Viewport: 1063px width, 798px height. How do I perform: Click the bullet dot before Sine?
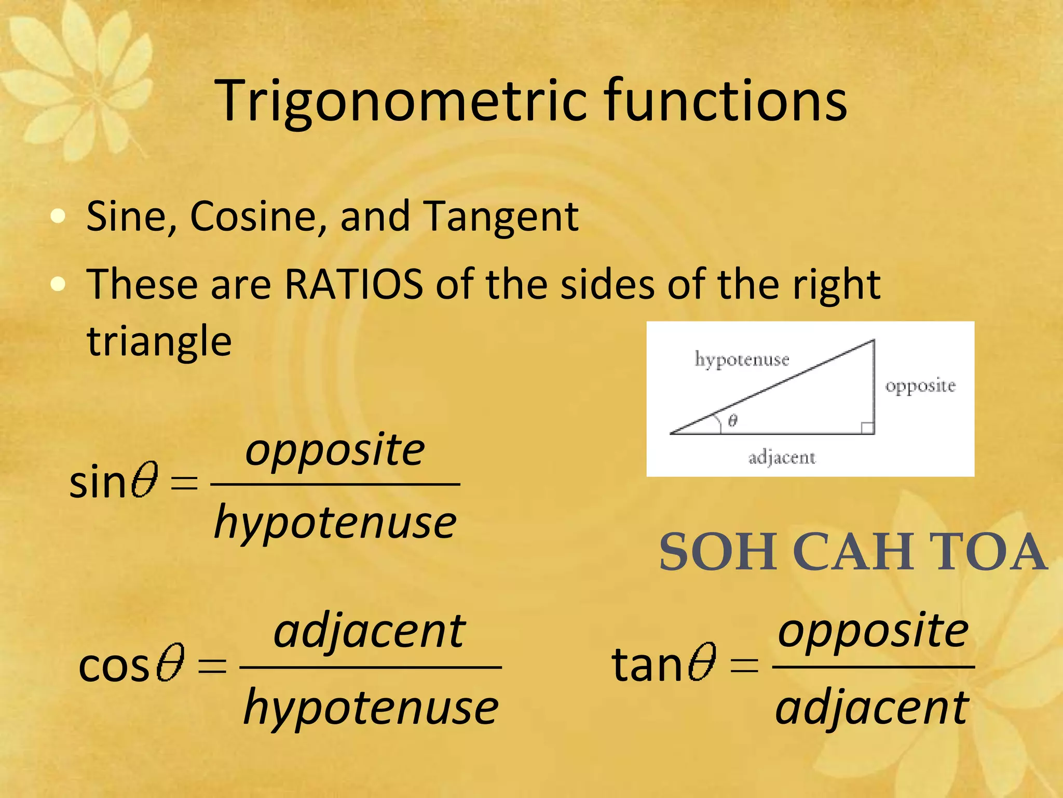tap(58, 216)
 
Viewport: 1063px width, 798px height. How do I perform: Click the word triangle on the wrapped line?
tap(159, 342)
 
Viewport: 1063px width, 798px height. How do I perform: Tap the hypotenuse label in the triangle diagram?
tap(742, 360)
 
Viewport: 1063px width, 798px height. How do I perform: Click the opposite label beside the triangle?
tap(920, 386)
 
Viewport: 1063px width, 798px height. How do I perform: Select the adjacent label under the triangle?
tap(782, 458)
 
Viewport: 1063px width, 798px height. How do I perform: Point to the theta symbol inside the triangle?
tap(732, 420)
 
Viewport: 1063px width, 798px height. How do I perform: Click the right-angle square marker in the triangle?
tap(867, 428)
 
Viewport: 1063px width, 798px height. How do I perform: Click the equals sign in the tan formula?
tap(744, 665)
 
